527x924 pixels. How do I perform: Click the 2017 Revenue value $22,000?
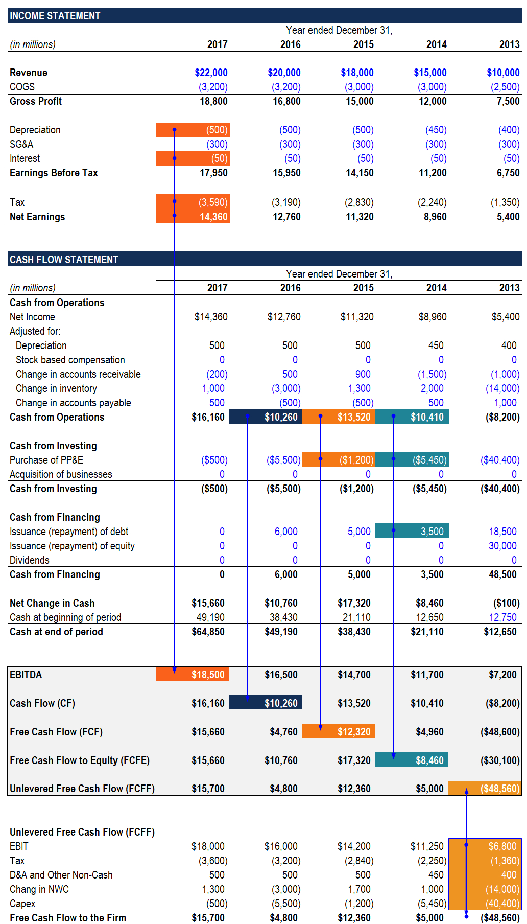coord(211,73)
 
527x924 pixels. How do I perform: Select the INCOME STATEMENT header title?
coord(55,16)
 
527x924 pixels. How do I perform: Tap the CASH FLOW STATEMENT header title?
coord(64,260)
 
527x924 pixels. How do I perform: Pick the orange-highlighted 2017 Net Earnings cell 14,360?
coord(213,217)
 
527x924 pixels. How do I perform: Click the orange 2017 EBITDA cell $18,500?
coord(208,675)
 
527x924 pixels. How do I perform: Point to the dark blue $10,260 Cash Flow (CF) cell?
coord(280,703)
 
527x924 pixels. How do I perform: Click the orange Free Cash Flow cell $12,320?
coord(353,732)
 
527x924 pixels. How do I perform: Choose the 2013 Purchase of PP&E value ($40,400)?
coord(499,460)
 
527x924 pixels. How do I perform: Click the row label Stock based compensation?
coord(70,360)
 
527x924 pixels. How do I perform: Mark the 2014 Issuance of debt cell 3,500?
coord(432,532)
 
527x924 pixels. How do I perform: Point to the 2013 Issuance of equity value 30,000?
coord(502,546)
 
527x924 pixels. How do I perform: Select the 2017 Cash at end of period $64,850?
coord(208,632)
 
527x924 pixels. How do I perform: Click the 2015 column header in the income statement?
coord(363,44)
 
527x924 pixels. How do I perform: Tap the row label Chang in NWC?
coord(39,889)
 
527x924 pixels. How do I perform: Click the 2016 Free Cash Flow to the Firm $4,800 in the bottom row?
coord(283,918)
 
